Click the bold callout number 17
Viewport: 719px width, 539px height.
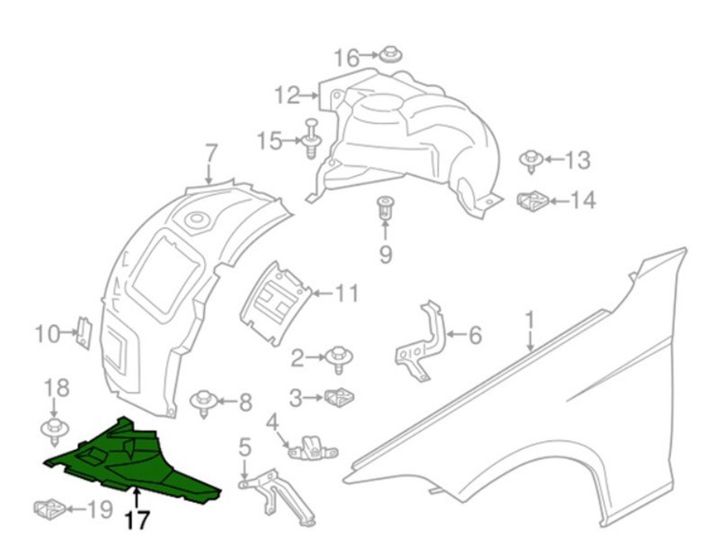138,520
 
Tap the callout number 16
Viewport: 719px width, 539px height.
346,58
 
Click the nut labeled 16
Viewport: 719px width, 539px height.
391,55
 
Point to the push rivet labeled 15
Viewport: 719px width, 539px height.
312,138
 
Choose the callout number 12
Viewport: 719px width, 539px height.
287,96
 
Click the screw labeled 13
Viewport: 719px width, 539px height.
531,161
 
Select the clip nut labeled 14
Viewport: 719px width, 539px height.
533,200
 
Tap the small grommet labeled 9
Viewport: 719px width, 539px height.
385,208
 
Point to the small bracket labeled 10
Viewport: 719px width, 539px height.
84,332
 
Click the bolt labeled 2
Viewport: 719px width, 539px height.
339,358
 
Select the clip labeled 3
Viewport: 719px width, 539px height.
340,396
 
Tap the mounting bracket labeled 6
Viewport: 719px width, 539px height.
421,341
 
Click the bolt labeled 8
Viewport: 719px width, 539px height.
204,402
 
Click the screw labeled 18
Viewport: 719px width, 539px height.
55,430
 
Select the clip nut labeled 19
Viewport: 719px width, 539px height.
50,508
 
